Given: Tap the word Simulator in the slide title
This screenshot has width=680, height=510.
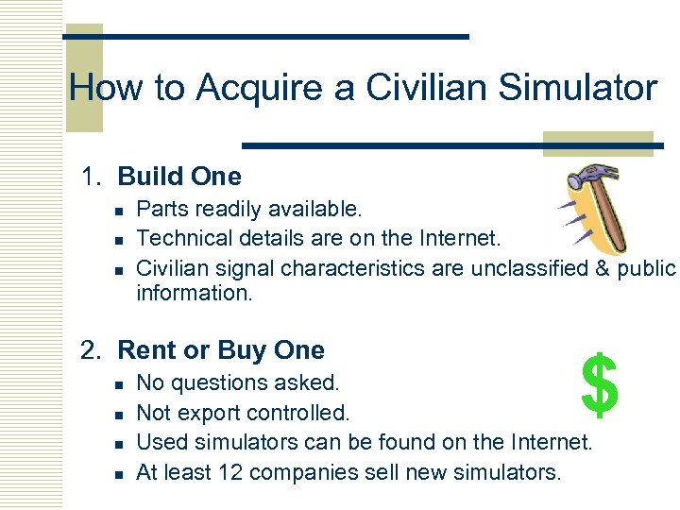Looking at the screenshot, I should click(578, 88).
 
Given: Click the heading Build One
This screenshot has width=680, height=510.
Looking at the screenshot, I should click(179, 177).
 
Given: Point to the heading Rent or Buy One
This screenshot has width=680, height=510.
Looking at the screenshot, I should click(220, 350).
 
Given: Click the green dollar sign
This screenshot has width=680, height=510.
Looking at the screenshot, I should click(600, 385).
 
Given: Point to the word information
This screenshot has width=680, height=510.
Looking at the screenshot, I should click(195, 293).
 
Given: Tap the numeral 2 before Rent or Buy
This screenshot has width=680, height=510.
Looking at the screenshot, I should click(90, 350).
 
